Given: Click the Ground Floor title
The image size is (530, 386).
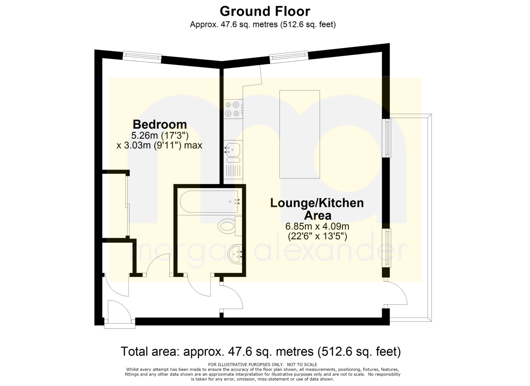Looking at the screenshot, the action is click(265, 11).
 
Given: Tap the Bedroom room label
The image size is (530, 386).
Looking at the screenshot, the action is click(160, 124).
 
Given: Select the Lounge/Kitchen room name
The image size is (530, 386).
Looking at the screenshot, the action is click(317, 203).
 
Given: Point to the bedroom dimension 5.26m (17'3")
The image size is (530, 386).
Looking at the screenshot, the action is click(160, 136).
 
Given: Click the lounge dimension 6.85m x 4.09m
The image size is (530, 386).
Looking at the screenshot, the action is click(317, 226).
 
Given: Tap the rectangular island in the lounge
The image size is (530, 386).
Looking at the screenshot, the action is click(300, 134).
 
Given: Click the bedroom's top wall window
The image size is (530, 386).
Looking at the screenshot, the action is click(142, 57).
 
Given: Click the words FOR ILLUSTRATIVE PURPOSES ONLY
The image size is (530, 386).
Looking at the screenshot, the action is click(246, 364).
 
